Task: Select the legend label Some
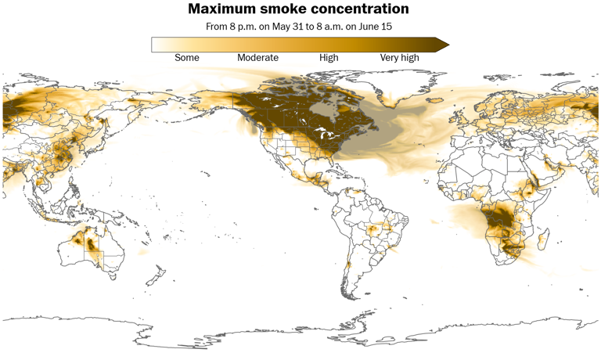point(187,57)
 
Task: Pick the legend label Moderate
point(257,57)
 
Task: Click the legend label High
point(329,57)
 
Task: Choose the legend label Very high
point(399,57)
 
